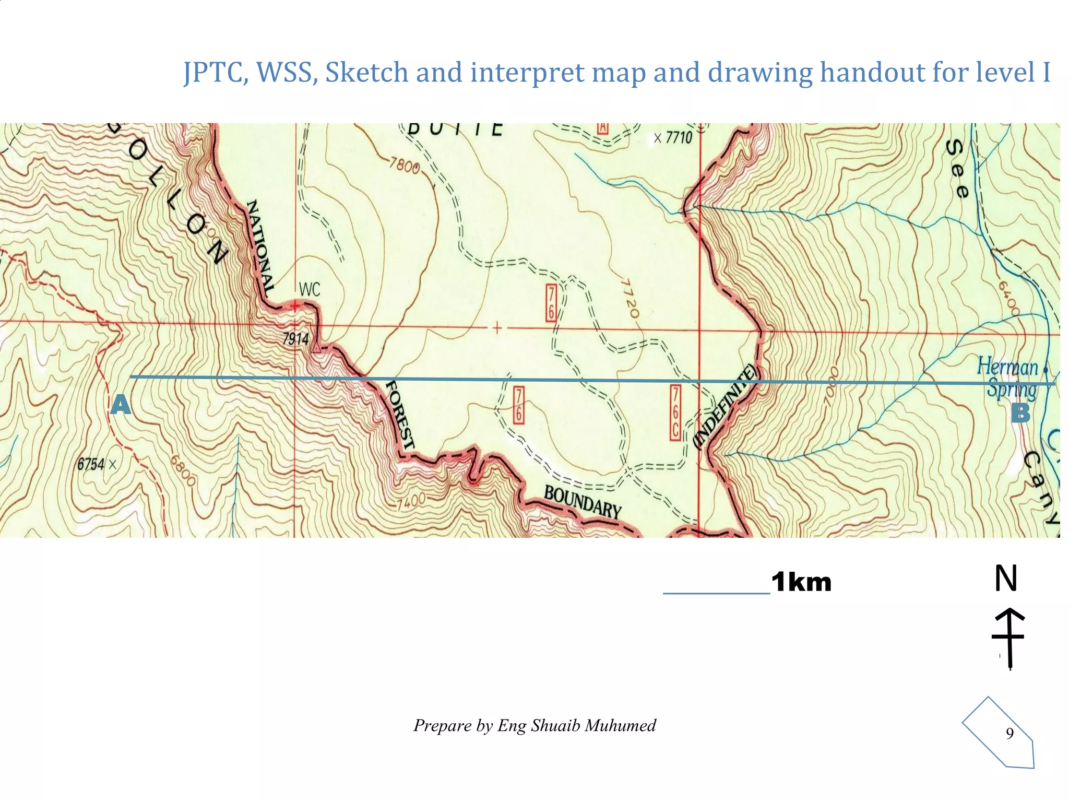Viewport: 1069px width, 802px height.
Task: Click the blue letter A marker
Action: pyautogui.click(x=121, y=405)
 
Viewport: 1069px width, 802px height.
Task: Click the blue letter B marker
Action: pyautogui.click(x=1020, y=413)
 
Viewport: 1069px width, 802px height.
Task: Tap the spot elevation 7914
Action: pyautogui.click(x=296, y=339)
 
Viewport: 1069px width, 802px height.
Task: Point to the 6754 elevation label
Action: pyautogui.click(x=91, y=464)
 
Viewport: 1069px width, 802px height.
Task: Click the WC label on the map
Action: pyautogui.click(x=310, y=290)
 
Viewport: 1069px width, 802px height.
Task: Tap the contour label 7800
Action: pyautogui.click(x=405, y=166)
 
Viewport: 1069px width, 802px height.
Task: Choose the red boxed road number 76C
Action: pyautogui.click(x=675, y=413)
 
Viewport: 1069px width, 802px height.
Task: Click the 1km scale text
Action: pyautogui.click(x=801, y=582)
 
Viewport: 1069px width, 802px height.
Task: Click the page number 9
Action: pyautogui.click(x=1009, y=734)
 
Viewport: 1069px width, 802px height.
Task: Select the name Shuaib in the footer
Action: pyautogui.click(x=555, y=726)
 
